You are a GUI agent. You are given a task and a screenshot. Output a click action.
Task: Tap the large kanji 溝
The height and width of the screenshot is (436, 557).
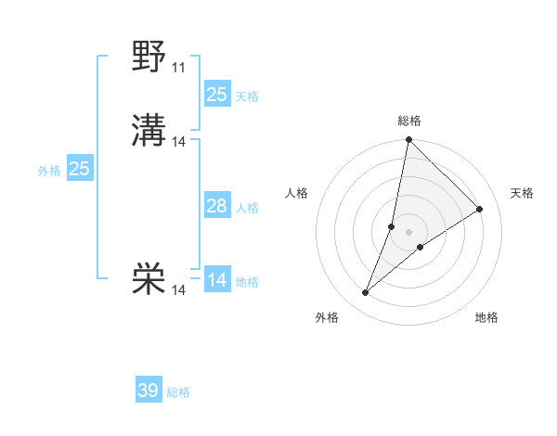(149, 132)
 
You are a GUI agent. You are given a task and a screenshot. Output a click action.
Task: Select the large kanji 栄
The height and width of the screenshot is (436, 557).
(149, 278)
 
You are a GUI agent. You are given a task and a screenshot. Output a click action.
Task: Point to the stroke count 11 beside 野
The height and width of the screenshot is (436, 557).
(178, 68)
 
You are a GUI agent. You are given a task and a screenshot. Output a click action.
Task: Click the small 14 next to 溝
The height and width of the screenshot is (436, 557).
(179, 142)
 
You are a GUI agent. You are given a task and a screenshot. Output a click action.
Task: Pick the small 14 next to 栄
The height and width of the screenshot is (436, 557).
(179, 290)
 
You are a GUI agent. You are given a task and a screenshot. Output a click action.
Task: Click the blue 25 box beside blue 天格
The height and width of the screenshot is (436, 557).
(216, 95)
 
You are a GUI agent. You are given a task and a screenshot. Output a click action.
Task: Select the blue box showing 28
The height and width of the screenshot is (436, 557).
(216, 206)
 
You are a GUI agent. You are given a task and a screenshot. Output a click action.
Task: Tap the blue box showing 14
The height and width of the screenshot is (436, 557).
(216, 280)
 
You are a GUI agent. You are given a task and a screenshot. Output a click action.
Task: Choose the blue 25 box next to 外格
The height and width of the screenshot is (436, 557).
(79, 169)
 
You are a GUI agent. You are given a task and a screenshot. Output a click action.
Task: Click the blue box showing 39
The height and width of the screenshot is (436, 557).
(148, 391)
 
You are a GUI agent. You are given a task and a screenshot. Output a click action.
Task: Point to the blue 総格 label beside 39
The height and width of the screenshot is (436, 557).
(178, 392)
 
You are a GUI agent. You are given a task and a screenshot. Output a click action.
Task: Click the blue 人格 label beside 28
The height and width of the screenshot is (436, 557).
(247, 208)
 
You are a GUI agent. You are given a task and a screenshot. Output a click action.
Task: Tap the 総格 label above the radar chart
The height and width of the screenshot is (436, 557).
(408, 121)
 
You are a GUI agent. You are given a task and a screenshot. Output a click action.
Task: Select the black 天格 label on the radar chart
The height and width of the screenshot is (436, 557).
(522, 193)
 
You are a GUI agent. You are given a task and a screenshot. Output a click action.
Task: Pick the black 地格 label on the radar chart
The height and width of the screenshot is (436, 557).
(486, 317)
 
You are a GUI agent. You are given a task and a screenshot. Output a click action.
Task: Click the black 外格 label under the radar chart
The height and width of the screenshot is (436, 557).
(327, 317)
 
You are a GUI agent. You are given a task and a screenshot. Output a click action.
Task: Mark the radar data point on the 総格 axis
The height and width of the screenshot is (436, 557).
(408, 141)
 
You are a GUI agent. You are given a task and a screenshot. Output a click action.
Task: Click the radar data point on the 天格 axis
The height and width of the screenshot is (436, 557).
(480, 210)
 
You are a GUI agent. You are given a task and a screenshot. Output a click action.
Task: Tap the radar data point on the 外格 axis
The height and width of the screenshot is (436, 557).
(366, 293)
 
